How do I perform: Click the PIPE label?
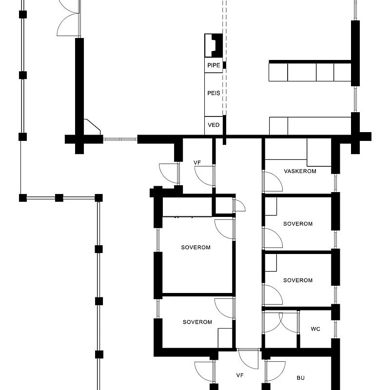point(214,65)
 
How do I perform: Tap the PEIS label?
point(214,93)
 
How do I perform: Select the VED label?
point(214,125)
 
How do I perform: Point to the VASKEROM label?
point(300,171)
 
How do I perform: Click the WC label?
point(315,329)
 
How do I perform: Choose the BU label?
point(301,378)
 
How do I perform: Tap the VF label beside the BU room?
point(240,375)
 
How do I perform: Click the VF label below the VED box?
point(197,163)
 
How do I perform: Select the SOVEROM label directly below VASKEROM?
point(298,224)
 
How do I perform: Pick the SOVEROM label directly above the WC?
point(298,280)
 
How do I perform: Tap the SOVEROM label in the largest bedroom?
point(196,248)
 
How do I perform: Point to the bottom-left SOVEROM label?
point(197,322)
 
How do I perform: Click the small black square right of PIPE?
point(224,65)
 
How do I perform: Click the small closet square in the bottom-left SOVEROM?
point(225,338)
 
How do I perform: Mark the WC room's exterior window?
point(335,330)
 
